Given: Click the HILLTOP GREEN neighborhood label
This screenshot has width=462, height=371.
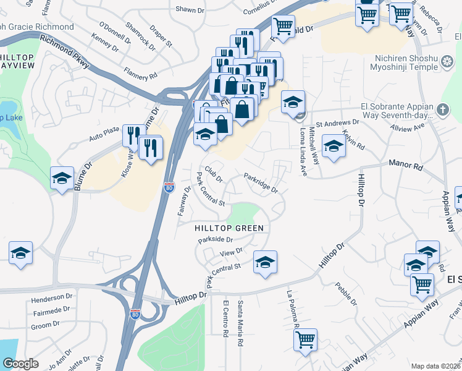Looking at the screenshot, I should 229,228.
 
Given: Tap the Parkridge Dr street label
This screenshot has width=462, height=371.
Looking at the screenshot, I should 261,183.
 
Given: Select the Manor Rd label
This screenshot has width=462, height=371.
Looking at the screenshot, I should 405,165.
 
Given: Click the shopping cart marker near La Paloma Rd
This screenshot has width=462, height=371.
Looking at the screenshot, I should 306,340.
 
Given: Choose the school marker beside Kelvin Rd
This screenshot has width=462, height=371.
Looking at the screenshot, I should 334,147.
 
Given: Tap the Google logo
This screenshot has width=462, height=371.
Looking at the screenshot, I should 20,364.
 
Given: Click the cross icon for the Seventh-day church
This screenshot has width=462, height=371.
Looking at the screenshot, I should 442,109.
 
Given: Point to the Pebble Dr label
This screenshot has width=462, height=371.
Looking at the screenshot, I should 346,293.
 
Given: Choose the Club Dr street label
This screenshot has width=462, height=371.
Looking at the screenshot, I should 214,174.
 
